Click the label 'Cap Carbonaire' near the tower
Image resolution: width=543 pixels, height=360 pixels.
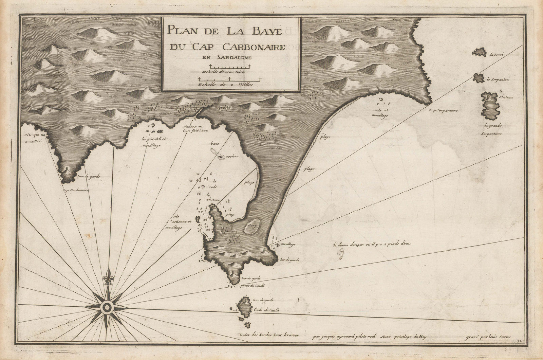(75, 190)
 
